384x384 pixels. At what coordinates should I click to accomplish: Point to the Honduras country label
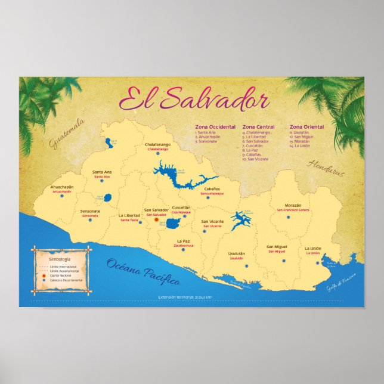point(326,167)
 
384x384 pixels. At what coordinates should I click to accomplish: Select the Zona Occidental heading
point(215,127)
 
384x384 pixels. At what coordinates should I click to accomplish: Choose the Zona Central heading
point(258,127)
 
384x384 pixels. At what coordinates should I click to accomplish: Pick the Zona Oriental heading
point(306,127)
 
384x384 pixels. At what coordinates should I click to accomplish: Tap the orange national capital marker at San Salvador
point(157,220)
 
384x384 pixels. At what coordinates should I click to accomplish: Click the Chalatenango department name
point(158,144)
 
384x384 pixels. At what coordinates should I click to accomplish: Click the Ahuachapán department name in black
point(62,187)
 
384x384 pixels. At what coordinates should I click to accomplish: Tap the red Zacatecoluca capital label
point(184,245)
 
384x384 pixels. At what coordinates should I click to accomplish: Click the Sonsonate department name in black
point(90,211)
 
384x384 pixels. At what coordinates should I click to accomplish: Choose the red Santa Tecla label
point(129,220)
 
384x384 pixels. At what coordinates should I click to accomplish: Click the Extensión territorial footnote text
point(185,296)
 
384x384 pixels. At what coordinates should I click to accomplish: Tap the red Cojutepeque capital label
point(181,212)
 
